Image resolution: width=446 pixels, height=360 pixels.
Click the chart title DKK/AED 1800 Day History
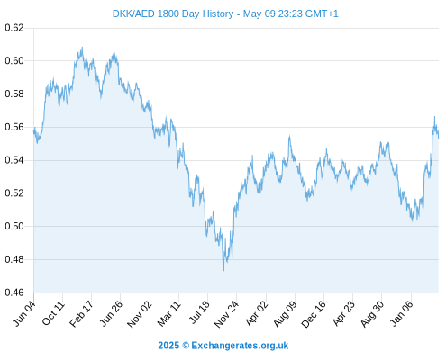click(x=173, y=13)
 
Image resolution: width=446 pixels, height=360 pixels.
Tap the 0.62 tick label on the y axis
click(x=14, y=28)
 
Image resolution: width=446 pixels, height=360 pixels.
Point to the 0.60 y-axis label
click(x=14, y=61)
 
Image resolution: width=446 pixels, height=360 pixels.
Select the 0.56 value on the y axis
click(x=14, y=127)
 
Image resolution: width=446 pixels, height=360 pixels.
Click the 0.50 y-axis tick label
click(x=14, y=226)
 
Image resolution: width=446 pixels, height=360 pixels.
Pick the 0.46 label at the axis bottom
click(x=14, y=292)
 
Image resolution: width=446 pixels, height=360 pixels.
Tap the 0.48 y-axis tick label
click(x=14, y=259)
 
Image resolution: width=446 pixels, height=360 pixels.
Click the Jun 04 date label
click(x=24, y=313)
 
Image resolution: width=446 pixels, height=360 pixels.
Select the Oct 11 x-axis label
click(x=53, y=313)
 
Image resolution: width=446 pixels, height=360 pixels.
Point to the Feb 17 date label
click(x=81, y=314)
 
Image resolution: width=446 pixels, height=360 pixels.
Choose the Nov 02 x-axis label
click(x=140, y=314)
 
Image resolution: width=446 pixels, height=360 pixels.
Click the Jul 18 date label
click(x=198, y=313)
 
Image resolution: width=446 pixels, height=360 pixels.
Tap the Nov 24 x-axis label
click(x=226, y=314)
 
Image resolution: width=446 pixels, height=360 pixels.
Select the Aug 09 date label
click(x=285, y=314)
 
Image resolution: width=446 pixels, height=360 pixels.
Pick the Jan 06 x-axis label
click(x=401, y=313)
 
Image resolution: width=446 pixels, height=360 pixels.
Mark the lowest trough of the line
click(x=223, y=270)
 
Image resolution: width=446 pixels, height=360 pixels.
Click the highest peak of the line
click(x=82, y=48)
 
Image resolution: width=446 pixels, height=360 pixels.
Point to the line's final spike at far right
click(x=434, y=117)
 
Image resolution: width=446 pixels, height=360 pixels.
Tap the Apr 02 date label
click(x=256, y=313)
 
